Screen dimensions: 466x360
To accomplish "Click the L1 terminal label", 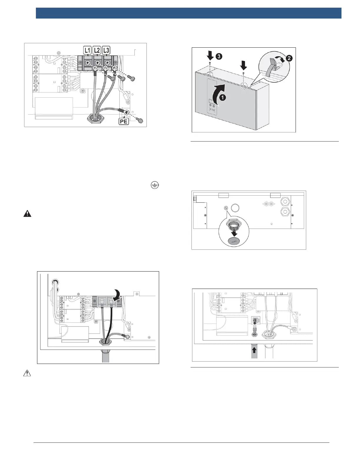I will [x=87, y=50].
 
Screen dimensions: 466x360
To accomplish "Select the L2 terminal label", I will [x=97, y=50].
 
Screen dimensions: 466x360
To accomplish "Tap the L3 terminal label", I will [x=106, y=50].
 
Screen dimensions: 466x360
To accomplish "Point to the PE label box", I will [x=124, y=121].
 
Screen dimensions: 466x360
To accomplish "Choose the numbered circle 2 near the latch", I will [x=289, y=58].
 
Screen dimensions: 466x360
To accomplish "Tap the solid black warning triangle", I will [x=27, y=214].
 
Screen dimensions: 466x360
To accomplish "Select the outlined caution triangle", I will [x=27, y=373].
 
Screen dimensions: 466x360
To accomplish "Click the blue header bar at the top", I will [x=189, y=13].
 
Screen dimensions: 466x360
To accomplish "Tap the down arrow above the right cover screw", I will [x=244, y=64].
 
